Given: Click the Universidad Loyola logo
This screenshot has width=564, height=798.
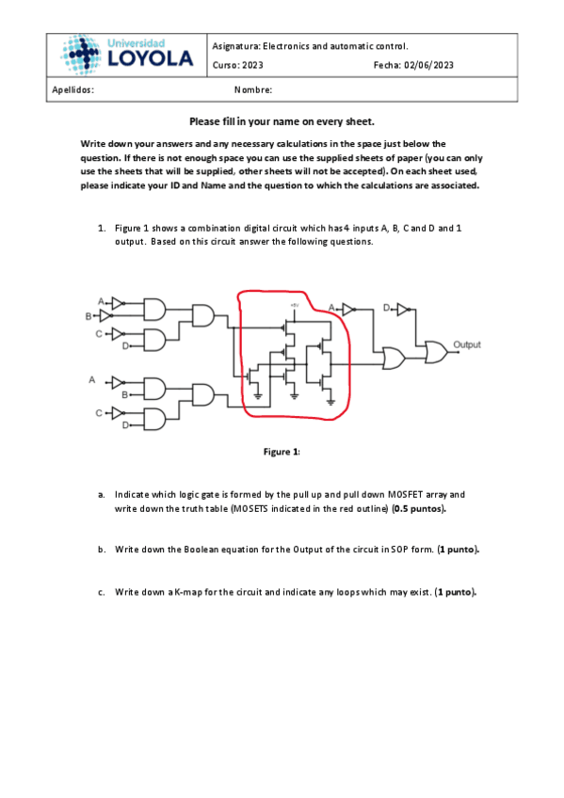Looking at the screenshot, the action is click(126, 55).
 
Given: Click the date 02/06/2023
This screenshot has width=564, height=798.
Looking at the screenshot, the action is click(428, 65).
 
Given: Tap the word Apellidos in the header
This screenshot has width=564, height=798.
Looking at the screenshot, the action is click(73, 90).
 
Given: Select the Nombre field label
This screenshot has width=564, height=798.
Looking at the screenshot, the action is click(253, 90).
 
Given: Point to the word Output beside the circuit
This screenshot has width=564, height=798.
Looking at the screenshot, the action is click(467, 344).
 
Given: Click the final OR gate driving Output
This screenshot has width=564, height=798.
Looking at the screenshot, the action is click(436, 352).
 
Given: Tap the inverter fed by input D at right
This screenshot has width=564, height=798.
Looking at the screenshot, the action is click(403, 309).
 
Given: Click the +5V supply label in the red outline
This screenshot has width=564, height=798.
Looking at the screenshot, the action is click(294, 305).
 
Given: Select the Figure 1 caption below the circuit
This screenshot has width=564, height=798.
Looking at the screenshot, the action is click(282, 452).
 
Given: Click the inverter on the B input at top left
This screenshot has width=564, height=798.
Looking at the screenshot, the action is click(105, 316).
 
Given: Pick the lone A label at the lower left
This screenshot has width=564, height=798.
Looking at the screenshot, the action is click(92, 379).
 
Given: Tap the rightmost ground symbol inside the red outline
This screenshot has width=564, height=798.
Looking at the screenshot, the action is click(330, 402).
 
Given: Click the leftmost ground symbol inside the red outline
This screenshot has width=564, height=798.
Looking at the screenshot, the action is click(258, 396).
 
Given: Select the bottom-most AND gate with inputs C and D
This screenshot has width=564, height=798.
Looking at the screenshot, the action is click(155, 420).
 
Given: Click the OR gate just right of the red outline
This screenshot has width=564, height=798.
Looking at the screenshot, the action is click(394, 359).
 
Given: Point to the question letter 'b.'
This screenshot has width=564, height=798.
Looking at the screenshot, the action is click(102, 550).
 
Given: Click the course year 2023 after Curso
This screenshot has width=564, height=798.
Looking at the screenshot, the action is click(252, 65).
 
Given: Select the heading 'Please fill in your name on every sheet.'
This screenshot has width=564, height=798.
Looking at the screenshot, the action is click(282, 121).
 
